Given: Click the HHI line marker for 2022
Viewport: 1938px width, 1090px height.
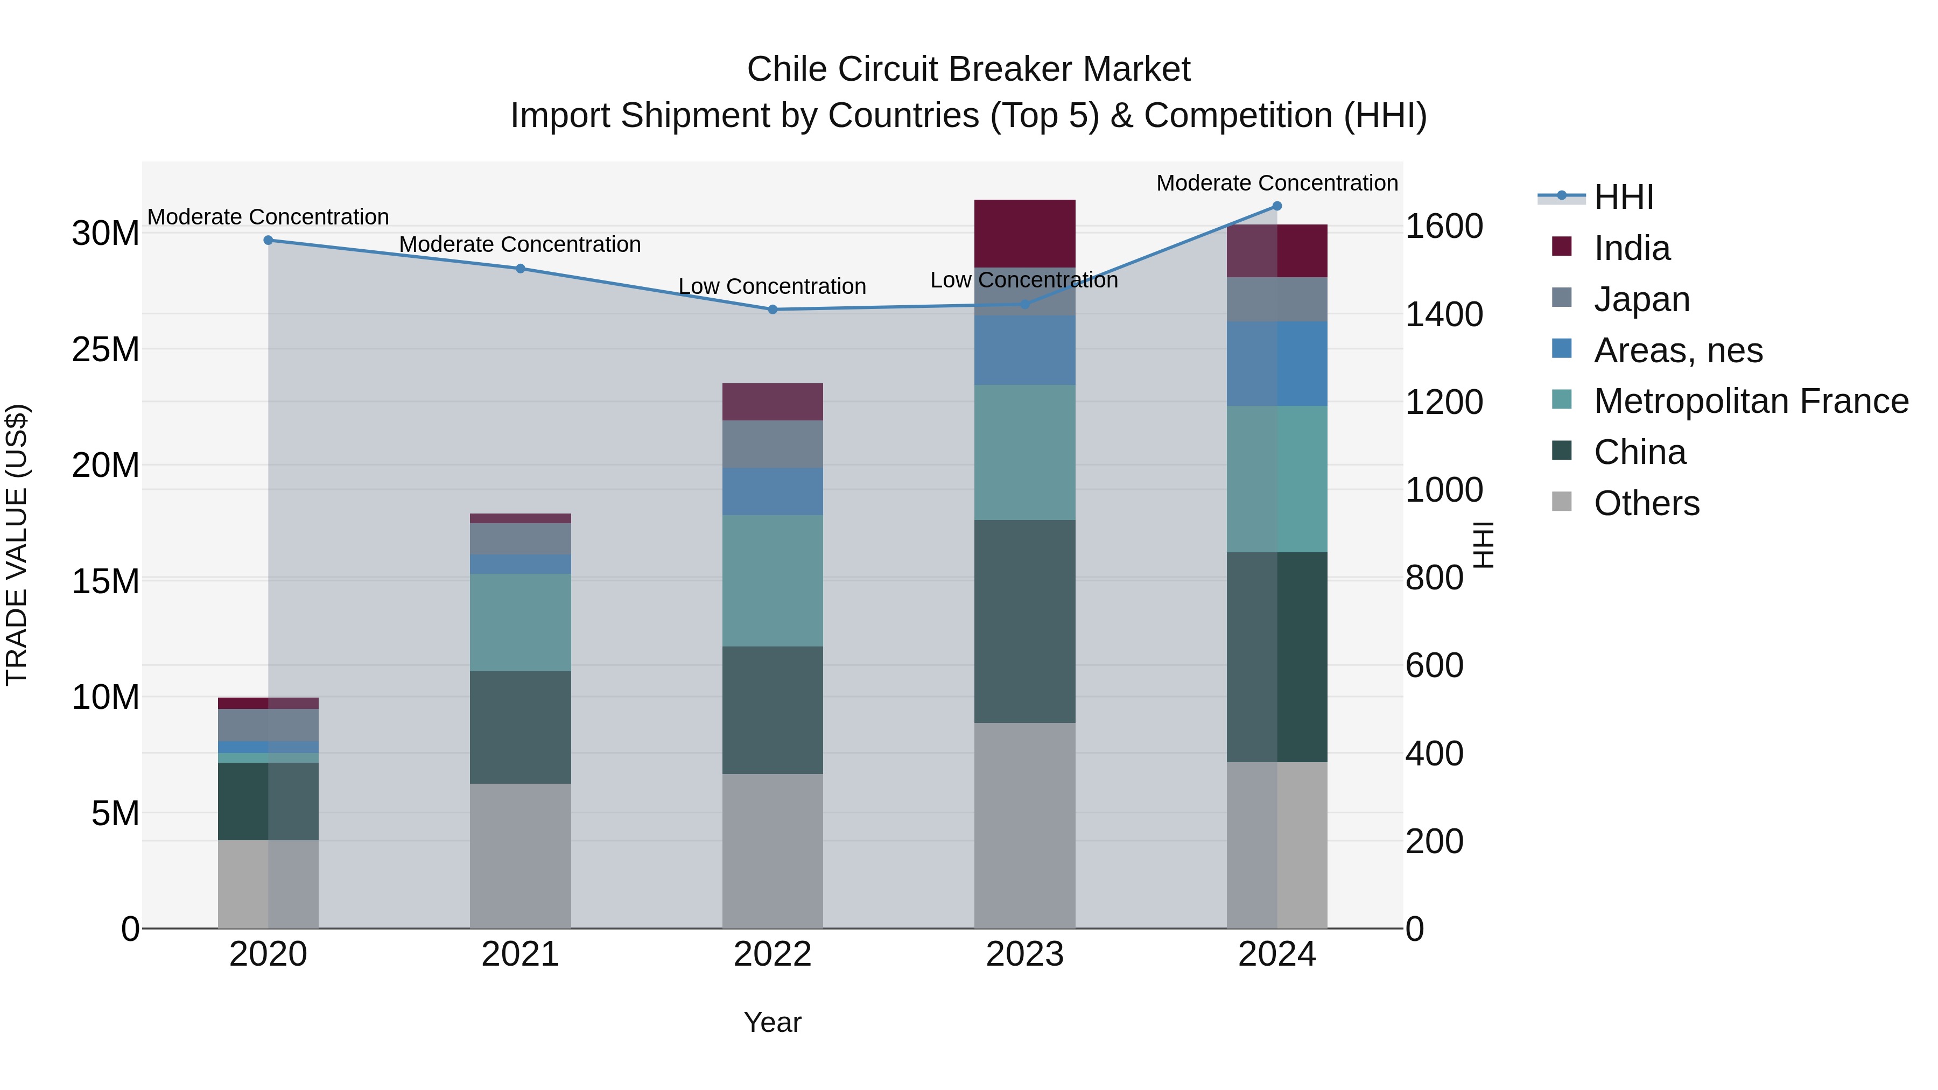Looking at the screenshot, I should click(773, 309).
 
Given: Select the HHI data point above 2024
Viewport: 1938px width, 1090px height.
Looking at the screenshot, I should click(1277, 206).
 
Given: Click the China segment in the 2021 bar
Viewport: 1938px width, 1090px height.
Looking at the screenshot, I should click(521, 727).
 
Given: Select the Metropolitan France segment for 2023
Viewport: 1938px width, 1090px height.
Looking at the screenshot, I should click(1024, 452).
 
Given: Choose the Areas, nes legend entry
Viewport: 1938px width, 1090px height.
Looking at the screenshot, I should click(1677, 350).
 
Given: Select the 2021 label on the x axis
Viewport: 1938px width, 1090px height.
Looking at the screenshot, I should click(521, 954).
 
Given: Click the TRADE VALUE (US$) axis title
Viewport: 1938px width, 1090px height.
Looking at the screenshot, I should click(17, 545).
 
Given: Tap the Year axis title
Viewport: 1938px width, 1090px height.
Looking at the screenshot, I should click(773, 1022).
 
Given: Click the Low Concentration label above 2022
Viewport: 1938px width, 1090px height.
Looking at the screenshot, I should click(773, 286).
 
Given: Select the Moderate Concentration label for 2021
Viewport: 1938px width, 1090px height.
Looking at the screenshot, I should click(520, 244).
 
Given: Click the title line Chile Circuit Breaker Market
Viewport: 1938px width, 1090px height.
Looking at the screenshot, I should click(968, 69).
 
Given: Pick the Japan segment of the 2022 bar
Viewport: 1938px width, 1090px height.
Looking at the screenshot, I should click(773, 444).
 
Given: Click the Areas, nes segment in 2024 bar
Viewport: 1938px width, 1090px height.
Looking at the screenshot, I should click(1277, 363).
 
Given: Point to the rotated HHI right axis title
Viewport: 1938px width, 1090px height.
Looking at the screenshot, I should click(1483, 545).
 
